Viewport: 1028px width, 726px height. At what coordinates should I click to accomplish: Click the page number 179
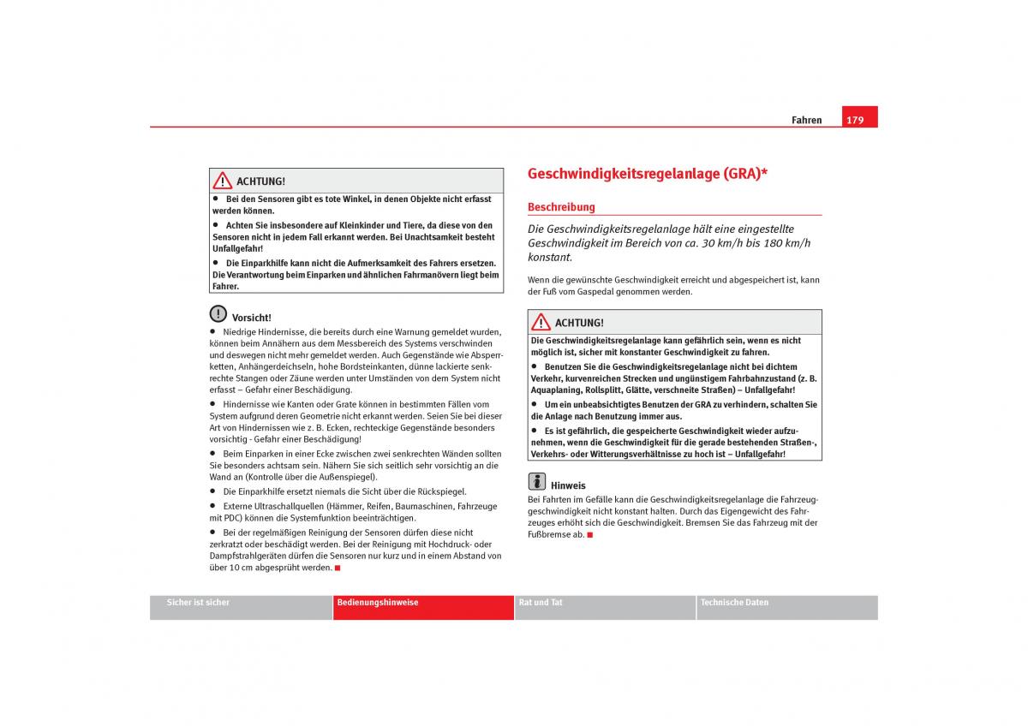tap(855, 120)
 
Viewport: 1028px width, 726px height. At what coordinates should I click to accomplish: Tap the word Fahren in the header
tap(806, 121)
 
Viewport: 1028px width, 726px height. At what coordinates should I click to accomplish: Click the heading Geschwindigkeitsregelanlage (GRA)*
tap(647, 174)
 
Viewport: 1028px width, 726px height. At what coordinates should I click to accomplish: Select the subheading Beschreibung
tap(561, 207)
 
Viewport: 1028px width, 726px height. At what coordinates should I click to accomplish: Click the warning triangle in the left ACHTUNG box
tap(223, 181)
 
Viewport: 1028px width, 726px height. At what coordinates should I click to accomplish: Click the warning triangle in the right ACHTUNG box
tap(541, 322)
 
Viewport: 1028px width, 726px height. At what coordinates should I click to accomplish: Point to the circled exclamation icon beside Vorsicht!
tap(218, 314)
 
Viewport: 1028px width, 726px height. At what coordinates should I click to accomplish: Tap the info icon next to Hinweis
tap(537, 481)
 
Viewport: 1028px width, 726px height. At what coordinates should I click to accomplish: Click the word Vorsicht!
tap(251, 318)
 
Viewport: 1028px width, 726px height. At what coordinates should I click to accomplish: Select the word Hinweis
tap(568, 485)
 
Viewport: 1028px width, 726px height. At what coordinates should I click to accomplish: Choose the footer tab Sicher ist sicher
tap(198, 603)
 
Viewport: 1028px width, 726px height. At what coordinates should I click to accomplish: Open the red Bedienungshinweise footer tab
tap(378, 603)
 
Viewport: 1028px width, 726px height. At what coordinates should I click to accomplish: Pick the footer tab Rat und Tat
tap(541, 603)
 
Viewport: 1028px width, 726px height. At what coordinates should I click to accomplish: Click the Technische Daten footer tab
tap(734, 603)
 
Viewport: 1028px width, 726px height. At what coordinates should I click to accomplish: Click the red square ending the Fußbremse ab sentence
tap(590, 535)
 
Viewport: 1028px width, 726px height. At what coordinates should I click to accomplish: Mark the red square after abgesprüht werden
tap(338, 568)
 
